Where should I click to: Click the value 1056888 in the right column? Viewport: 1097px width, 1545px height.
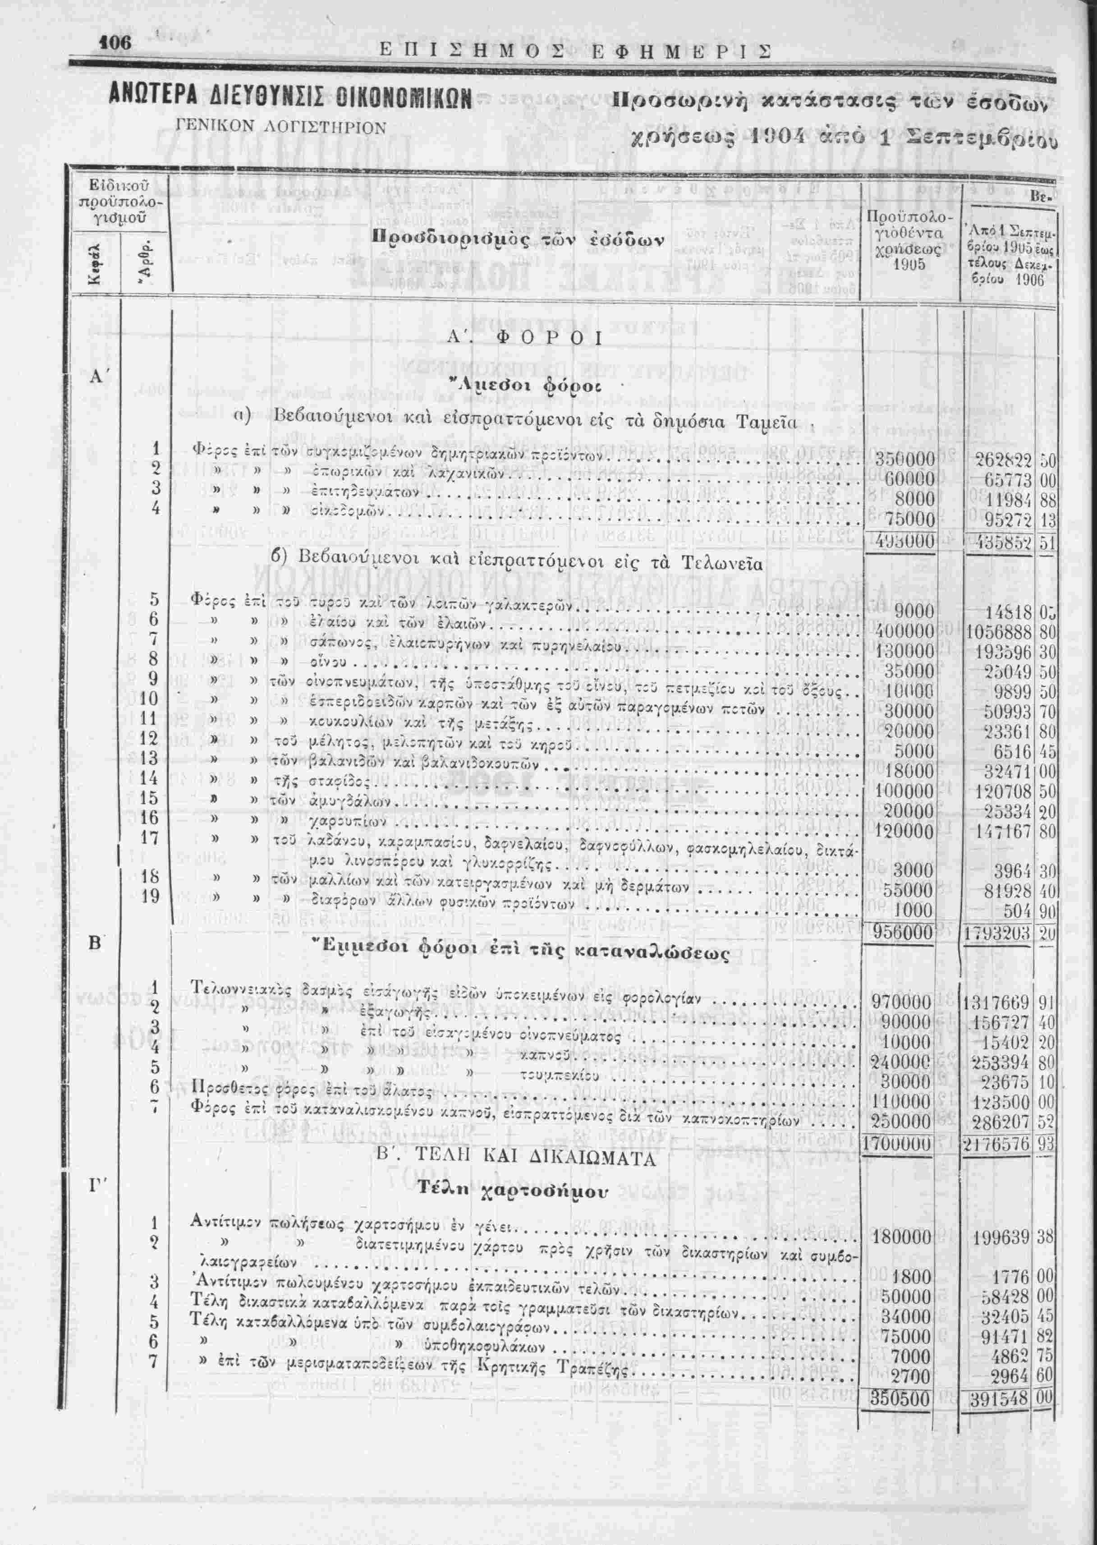[998, 632]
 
